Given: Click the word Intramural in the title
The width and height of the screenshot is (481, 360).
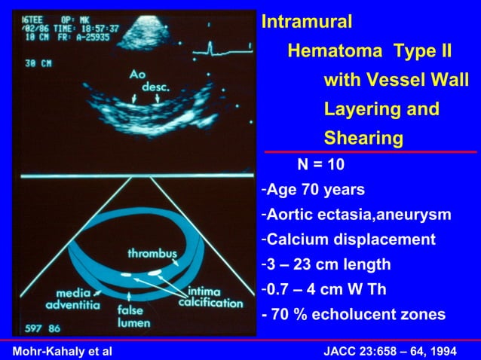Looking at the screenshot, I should (x=307, y=22).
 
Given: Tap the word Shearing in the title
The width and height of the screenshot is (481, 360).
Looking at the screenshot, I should (x=363, y=139).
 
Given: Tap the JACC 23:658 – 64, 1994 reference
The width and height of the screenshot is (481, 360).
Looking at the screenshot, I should (x=393, y=350).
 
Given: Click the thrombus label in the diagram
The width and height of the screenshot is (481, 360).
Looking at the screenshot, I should (x=152, y=252).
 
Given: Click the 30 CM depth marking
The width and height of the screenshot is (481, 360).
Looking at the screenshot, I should (x=37, y=64).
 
